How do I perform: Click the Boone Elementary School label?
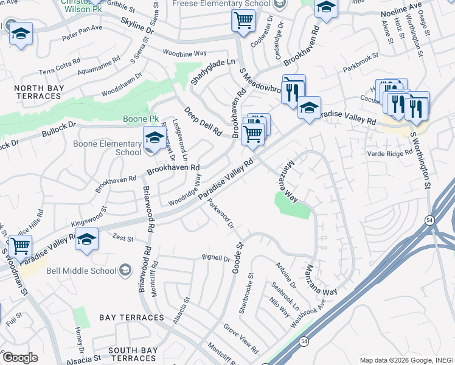point(107,148)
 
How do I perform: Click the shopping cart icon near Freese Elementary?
point(243,21)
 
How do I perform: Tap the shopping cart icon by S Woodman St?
point(21,246)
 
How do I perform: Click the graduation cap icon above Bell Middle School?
point(87,240)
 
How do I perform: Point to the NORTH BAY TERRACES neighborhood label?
point(38,92)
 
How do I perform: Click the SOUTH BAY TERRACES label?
point(133,351)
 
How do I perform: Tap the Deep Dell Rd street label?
point(204,122)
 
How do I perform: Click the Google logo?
point(19,358)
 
